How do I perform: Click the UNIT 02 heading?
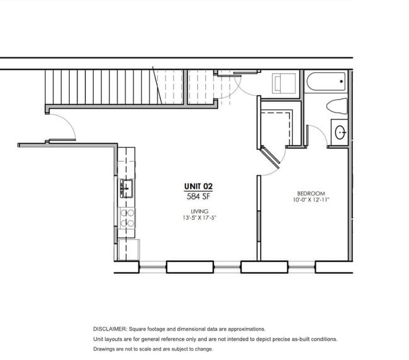198,186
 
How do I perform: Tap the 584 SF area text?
198,196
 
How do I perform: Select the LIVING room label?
199,211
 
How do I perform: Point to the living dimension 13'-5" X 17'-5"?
199,218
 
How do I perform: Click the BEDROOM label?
311,194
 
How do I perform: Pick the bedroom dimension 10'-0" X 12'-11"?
311,200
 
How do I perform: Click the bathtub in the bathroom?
326,81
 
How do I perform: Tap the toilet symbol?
337,106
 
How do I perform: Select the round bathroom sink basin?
340,132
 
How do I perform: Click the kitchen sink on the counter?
126,188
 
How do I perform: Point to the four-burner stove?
127,218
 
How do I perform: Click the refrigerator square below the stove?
129,250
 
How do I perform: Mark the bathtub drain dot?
341,81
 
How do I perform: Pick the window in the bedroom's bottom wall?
302,267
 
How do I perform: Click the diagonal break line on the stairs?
157,86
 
